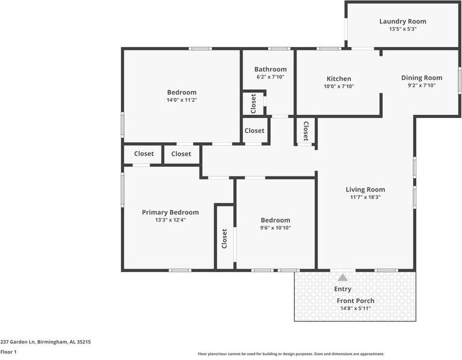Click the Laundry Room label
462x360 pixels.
tap(402, 22)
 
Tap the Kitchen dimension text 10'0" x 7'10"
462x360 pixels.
tap(339, 87)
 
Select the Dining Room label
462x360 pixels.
tap(421, 78)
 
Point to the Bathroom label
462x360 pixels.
tap(270, 69)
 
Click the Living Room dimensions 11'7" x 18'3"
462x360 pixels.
tap(365, 197)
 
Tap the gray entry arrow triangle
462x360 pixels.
tap(342, 278)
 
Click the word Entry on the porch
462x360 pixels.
tap(342, 289)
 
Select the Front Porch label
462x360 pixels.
tap(355, 301)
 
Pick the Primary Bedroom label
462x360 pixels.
tap(170, 213)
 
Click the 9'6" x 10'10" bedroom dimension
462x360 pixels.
tap(275, 228)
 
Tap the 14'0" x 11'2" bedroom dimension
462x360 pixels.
tap(182, 100)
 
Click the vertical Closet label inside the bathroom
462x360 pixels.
tap(253, 103)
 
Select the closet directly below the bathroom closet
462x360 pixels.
tap(254, 131)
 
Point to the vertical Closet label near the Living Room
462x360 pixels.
tap(306, 131)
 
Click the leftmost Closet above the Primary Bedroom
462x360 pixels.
tap(144, 154)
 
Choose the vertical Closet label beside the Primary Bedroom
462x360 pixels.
tap(224, 238)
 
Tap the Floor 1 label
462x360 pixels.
tap(8, 352)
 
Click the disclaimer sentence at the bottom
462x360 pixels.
tap(291, 354)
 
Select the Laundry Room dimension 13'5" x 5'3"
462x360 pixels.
tap(402, 29)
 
